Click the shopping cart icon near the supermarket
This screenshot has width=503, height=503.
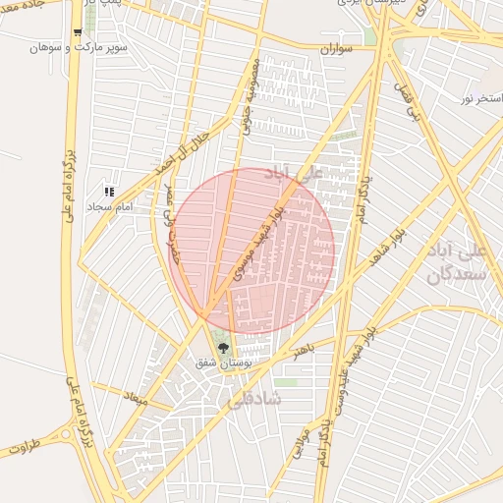point(78,32)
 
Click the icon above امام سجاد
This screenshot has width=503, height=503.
point(109,193)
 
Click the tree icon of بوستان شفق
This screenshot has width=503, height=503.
point(223,347)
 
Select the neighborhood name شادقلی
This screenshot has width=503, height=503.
point(253,400)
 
